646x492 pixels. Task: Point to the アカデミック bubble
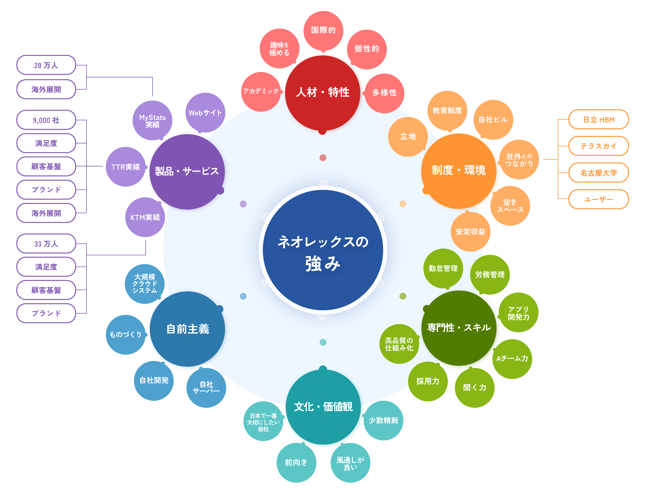[261, 92]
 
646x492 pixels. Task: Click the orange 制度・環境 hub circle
[459, 171]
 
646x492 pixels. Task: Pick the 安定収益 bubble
[470, 232]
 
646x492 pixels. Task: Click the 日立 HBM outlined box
[598, 119]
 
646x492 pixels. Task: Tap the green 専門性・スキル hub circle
[459, 328]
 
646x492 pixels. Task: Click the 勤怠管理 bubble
[443, 268]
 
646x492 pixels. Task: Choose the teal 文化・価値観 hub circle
[323, 407]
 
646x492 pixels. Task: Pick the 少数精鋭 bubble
[383, 420]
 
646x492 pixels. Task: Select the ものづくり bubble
[125, 334]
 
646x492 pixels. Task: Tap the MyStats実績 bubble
[152, 121]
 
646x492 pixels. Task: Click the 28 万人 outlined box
[46, 65]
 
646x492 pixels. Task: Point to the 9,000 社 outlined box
[46, 120]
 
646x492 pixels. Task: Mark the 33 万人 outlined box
[46, 244]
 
